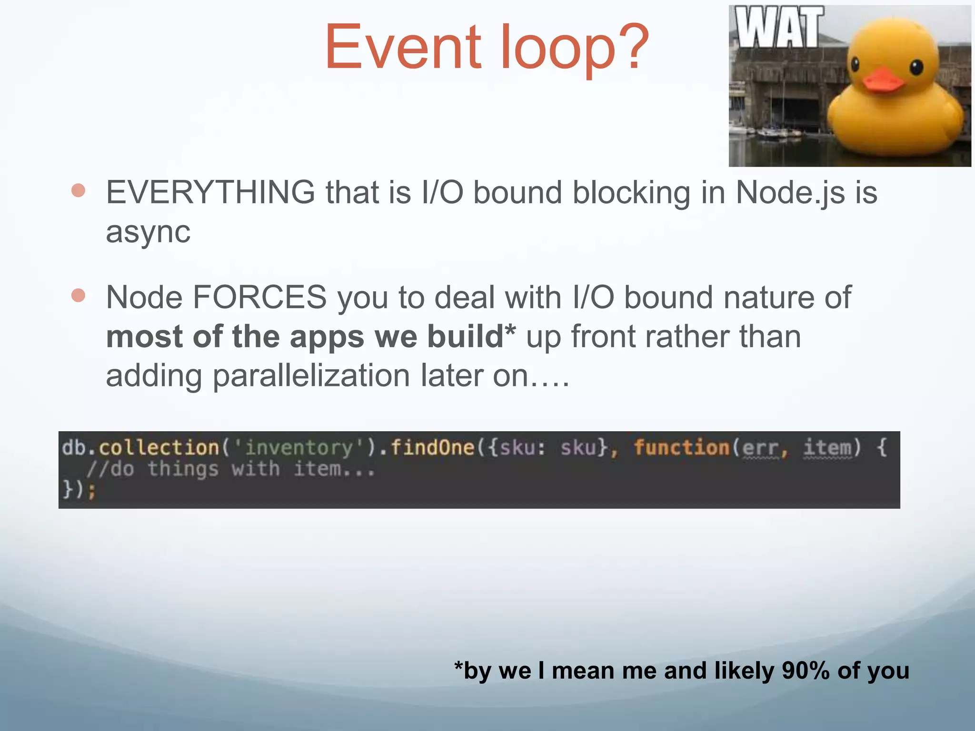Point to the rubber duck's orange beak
pyautogui.click(x=883, y=80)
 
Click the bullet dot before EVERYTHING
pyautogui.click(x=78, y=191)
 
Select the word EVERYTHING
pyautogui.click(x=210, y=193)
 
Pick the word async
pyautogui.click(x=148, y=233)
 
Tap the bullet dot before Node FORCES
pyautogui.click(x=78, y=296)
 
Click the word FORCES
pyautogui.click(x=259, y=297)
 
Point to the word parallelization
pyautogui.click(x=311, y=376)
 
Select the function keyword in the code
pyautogui.click(x=681, y=448)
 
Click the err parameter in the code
pyautogui.click(x=760, y=448)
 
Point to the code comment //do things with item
pyautogui.click(x=231, y=469)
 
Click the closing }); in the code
pyautogui.click(x=79, y=489)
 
